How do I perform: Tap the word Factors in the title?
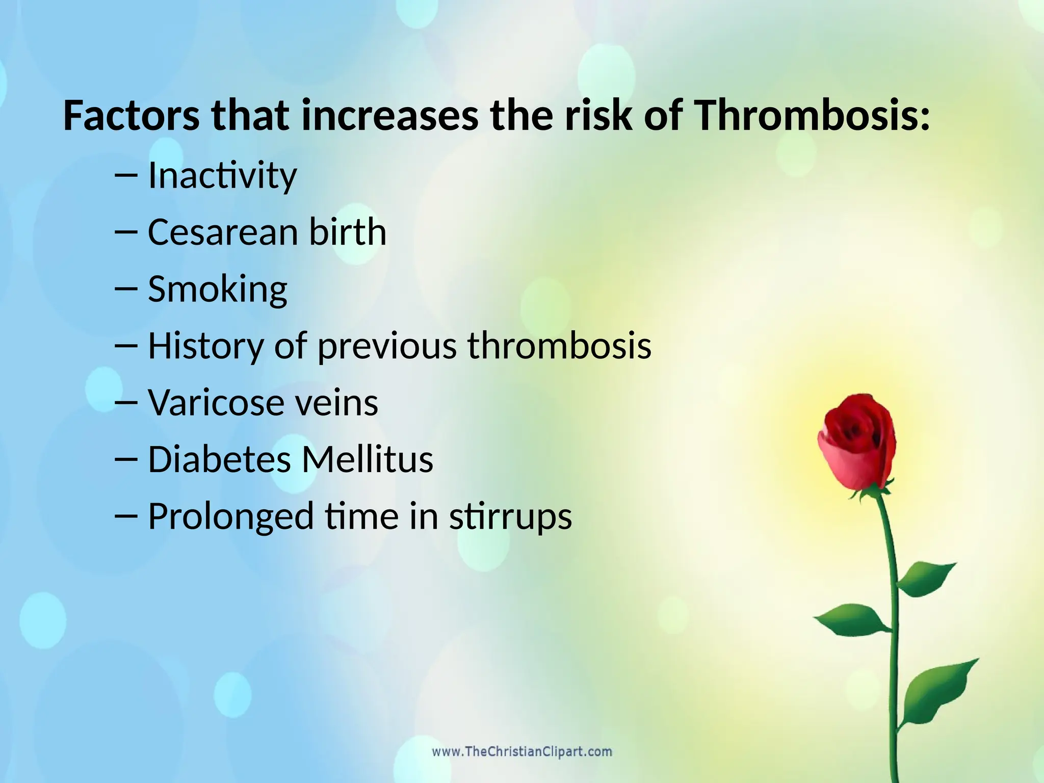tap(131, 116)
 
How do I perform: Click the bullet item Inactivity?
tap(222, 176)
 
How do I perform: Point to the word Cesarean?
tap(223, 232)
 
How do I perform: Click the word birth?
tap(348, 232)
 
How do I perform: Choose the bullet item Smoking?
tap(218, 290)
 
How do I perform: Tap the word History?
tap(205, 346)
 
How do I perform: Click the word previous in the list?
tap(387, 346)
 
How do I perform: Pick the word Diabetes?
tap(219, 459)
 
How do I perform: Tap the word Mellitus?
tap(367, 459)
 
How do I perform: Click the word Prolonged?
tap(230, 516)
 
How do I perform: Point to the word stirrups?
tap(510, 516)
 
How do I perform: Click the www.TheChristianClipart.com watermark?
tap(522, 752)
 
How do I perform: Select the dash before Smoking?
tap(126, 289)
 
